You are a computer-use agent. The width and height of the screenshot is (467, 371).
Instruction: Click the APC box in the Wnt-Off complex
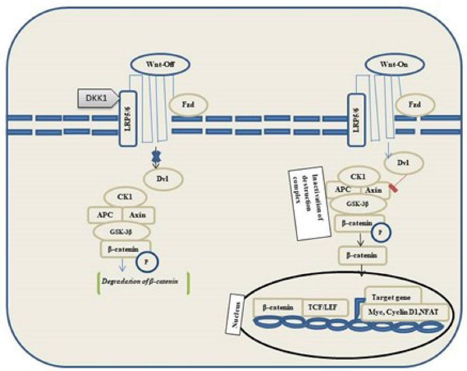tap(106, 215)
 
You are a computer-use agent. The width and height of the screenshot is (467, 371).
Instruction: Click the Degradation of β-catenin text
tap(142, 282)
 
